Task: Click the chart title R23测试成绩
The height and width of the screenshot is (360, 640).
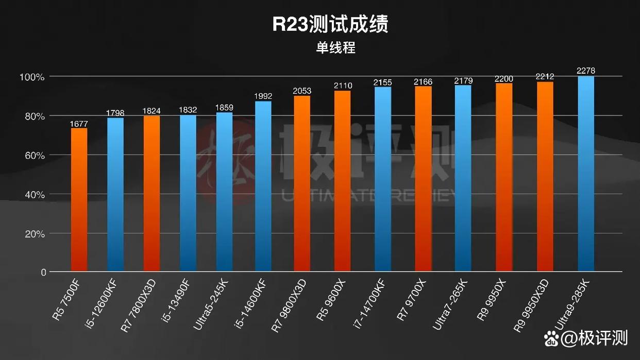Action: click(330, 24)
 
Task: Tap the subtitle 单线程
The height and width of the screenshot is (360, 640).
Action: click(335, 48)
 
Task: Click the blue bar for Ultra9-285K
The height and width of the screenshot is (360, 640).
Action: click(586, 174)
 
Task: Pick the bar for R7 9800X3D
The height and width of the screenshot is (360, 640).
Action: click(302, 183)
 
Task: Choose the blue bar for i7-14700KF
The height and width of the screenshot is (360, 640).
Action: click(383, 179)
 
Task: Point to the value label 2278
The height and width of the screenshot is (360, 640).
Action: click(586, 71)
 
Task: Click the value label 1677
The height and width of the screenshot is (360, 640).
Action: click(79, 123)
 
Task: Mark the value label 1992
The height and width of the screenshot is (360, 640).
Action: click(263, 96)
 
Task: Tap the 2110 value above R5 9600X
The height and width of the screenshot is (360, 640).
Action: click(343, 85)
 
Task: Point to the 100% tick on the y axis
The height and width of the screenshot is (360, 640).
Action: click(32, 77)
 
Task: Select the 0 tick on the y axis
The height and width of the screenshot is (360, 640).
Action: click(44, 272)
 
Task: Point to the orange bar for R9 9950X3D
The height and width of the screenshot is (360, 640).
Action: click(545, 176)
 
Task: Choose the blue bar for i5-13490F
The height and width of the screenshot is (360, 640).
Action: click(188, 193)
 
